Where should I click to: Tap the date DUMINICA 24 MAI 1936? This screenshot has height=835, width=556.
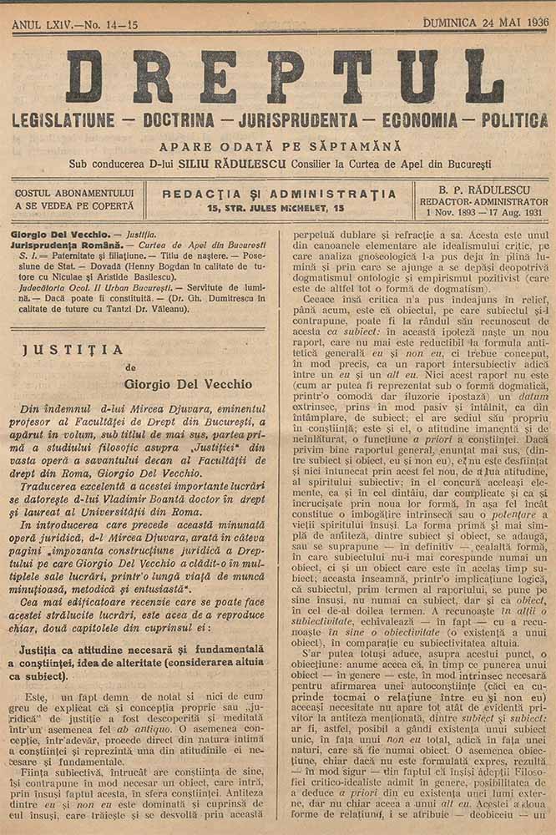(486, 23)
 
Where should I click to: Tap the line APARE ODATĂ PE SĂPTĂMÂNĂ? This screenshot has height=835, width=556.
(281, 146)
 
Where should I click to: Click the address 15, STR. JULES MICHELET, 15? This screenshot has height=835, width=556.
(276, 207)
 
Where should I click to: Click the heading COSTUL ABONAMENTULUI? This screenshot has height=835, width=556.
(73, 194)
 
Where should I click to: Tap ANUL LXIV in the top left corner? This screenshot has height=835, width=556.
(39, 27)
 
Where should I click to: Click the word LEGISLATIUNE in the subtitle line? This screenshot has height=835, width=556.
(63, 121)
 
